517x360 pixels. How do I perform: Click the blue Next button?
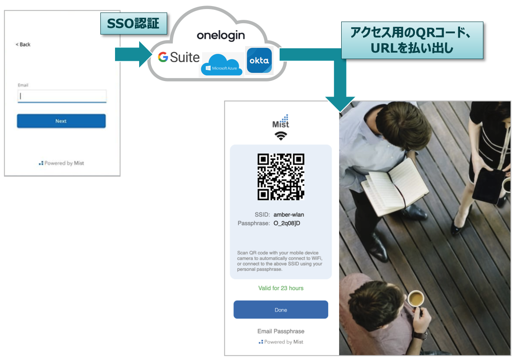[61, 121]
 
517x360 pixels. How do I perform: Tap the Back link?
[23, 44]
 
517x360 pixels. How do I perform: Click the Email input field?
[62, 96]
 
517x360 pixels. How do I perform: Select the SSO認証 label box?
[134, 23]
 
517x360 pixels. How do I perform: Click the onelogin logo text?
[221, 35]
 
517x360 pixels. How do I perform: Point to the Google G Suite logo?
[178, 57]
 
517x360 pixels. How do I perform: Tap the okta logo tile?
[259, 61]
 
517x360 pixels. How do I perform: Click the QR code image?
[281, 177]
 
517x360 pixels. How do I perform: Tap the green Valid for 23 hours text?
[281, 288]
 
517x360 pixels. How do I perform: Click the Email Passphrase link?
[281, 331]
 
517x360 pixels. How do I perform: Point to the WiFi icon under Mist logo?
[281, 136]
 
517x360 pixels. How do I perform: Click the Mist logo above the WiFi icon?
[281, 122]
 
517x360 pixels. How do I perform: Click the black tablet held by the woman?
[488, 185]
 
